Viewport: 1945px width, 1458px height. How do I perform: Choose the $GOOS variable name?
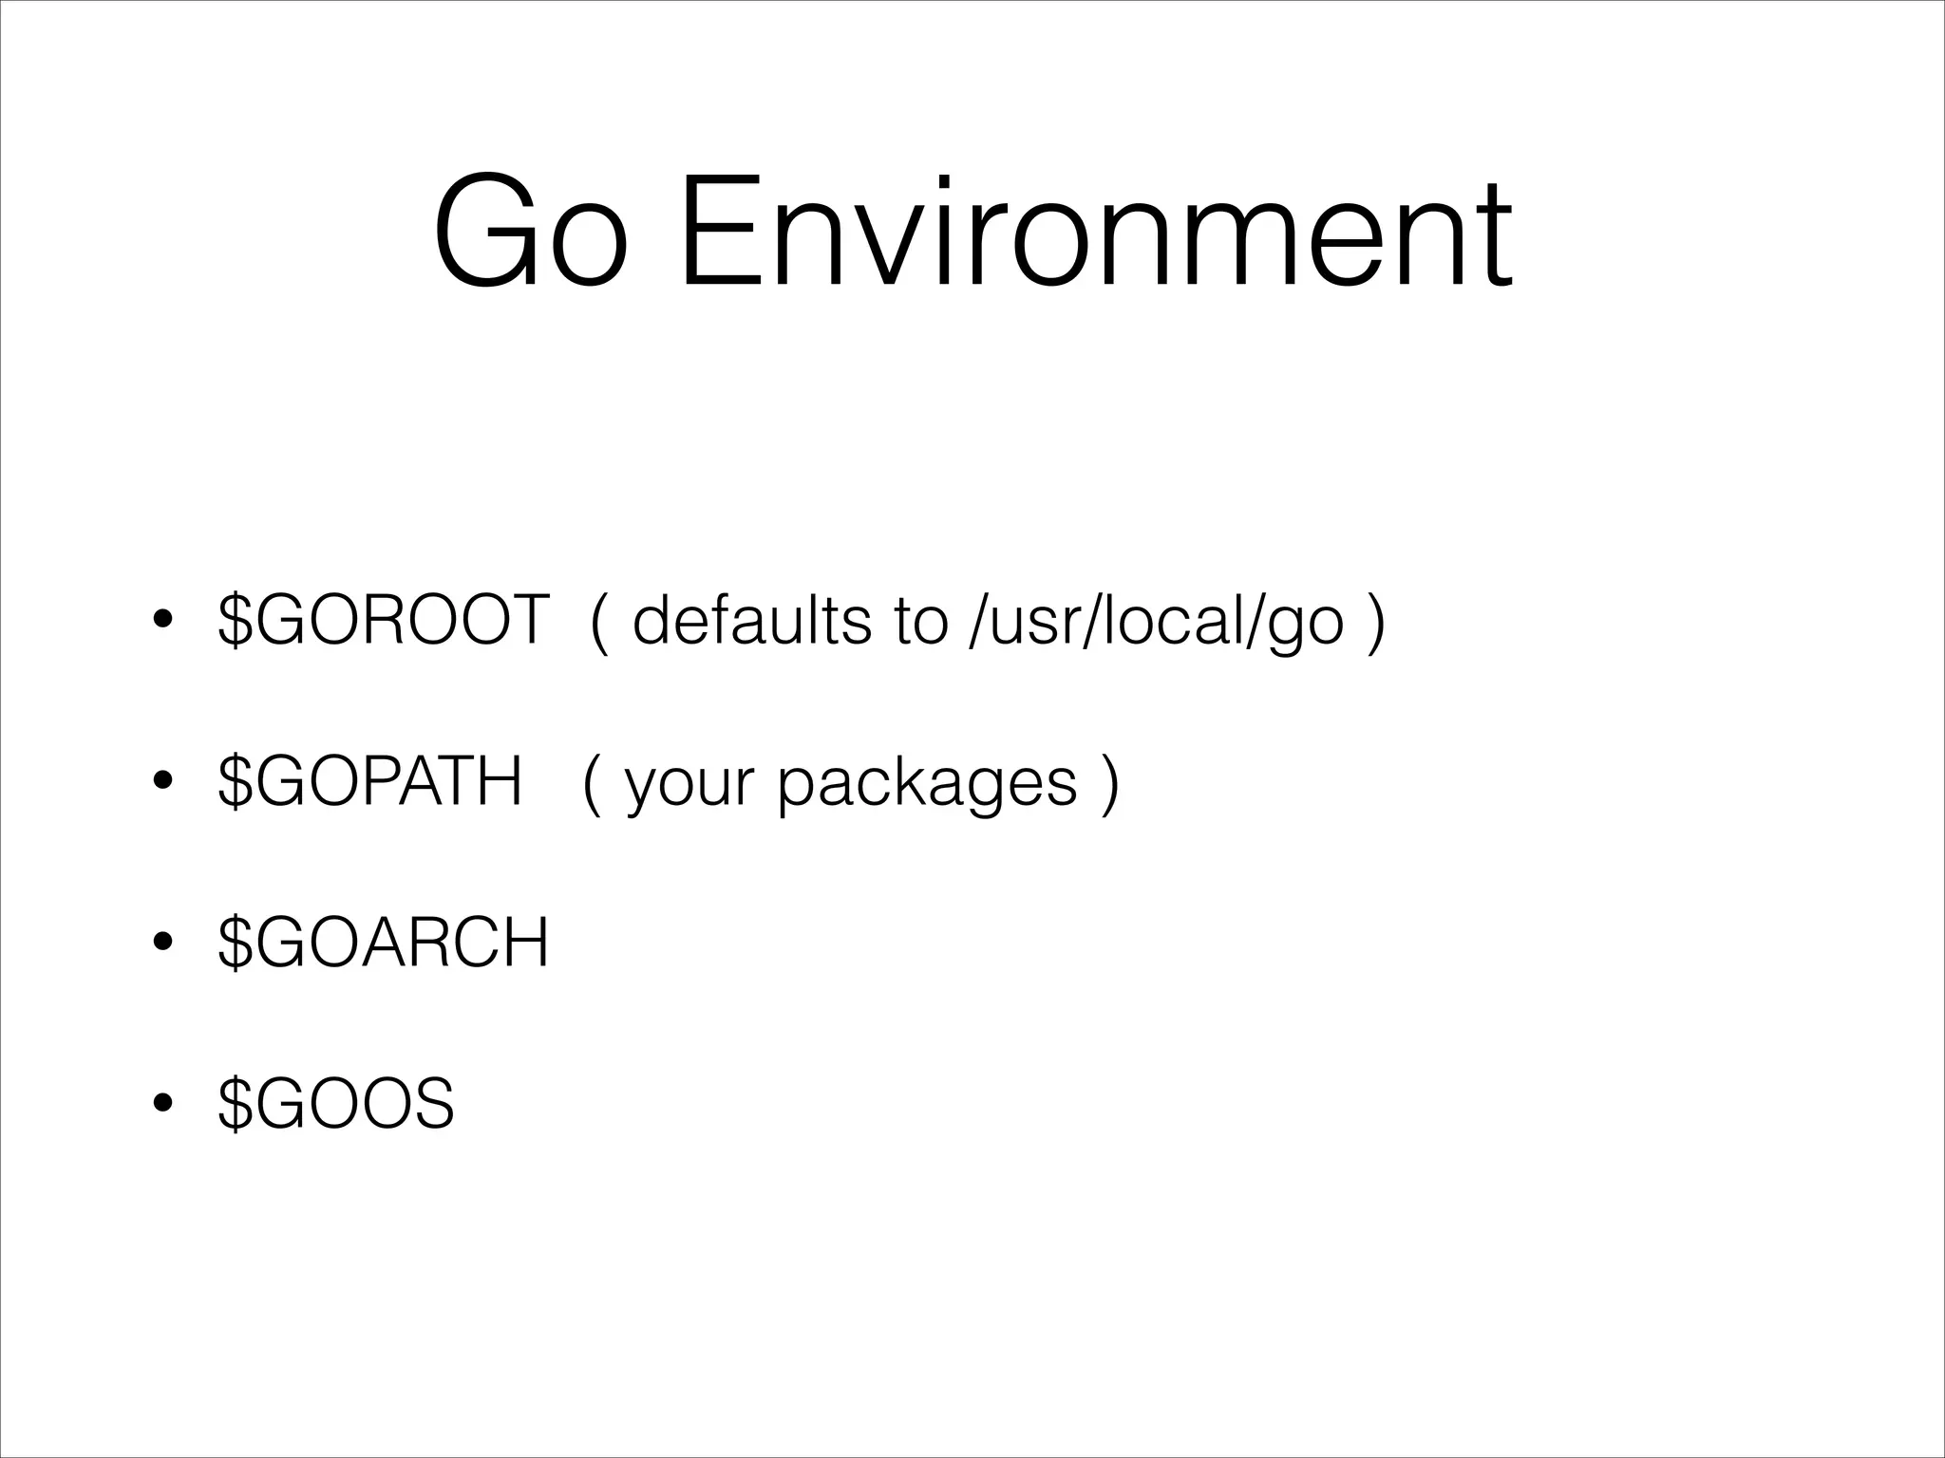point(336,1104)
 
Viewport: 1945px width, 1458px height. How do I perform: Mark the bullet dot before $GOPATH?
point(162,782)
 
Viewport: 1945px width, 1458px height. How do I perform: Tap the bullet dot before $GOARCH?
point(162,944)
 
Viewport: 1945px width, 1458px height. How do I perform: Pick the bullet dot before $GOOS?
point(162,1105)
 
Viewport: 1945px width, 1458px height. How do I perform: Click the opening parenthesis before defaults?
point(598,622)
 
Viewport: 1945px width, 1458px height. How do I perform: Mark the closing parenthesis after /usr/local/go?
point(1376,622)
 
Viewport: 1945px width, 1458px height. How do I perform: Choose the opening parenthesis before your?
point(592,783)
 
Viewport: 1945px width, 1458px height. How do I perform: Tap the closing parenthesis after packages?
point(1109,783)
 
